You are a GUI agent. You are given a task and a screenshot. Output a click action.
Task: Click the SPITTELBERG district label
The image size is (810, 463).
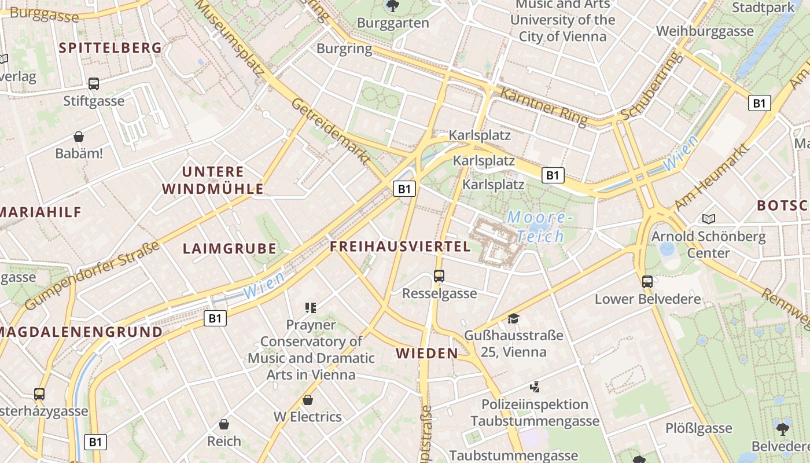[110, 48]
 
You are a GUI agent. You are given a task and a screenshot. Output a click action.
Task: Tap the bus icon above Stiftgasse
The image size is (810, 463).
[94, 83]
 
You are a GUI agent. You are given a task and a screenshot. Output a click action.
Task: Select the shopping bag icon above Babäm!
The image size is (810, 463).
[79, 137]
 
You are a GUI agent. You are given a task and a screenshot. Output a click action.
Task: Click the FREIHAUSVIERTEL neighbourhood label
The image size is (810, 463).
[400, 247]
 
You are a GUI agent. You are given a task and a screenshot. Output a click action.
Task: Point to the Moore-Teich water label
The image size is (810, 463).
[539, 227]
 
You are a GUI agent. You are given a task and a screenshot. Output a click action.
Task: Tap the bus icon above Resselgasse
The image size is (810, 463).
[439, 276]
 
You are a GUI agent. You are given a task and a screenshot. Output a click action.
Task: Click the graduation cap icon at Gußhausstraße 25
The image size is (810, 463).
[513, 318]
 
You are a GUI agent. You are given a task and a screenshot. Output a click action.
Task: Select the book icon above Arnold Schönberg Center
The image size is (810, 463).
[708, 219]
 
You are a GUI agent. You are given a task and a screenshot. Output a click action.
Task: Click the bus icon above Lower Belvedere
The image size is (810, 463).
[647, 282]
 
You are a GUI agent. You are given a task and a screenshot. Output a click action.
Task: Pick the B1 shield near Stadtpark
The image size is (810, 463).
[759, 103]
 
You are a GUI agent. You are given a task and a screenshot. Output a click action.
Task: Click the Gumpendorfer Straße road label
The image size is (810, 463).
[93, 276]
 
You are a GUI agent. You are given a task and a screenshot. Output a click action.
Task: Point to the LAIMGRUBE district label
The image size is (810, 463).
[229, 249]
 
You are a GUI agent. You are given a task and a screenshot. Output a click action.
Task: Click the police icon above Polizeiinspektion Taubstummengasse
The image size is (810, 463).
[535, 387]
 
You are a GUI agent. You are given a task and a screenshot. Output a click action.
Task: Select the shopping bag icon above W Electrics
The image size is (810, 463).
[308, 400]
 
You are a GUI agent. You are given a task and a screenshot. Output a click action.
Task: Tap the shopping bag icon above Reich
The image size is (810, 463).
[224, 424]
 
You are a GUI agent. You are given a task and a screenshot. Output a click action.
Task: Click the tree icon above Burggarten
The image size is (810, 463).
[392, 6]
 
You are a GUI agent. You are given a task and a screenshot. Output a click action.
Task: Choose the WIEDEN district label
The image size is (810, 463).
[426, 353]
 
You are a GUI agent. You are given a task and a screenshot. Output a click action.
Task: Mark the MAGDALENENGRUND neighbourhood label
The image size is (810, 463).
[82, 332]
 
